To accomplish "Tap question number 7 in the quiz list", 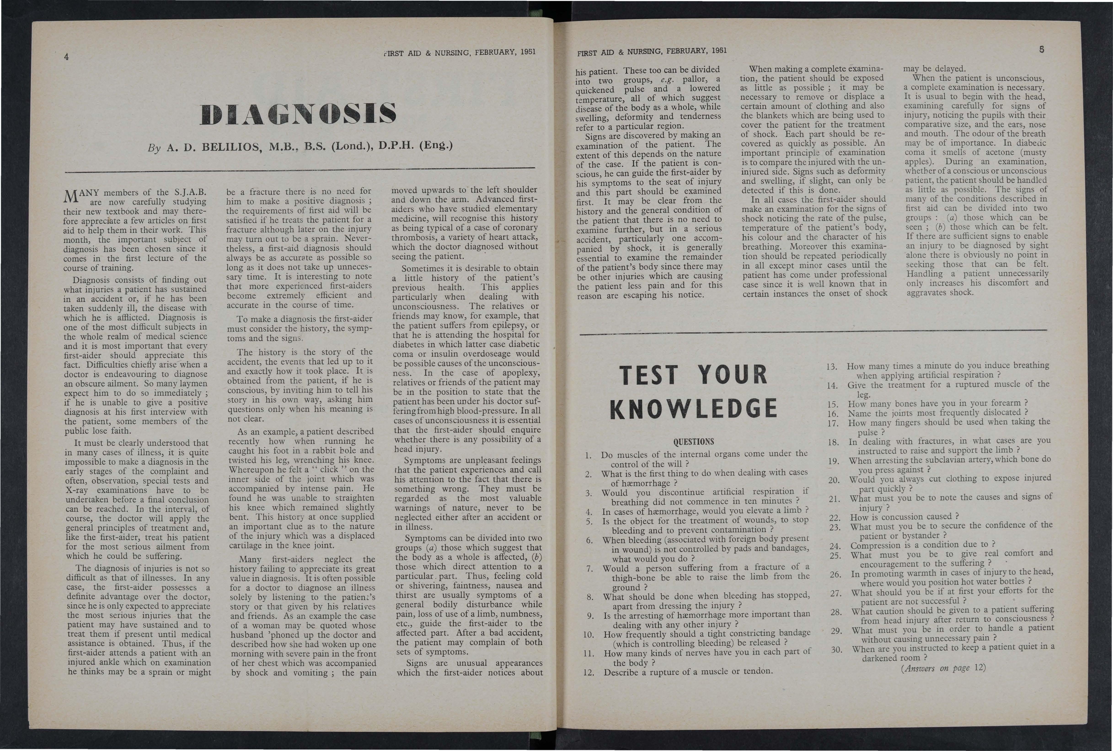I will (x=590, y=568).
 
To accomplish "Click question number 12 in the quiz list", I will (x=588, y=673).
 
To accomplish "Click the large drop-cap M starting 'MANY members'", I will (x=71, y=196).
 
